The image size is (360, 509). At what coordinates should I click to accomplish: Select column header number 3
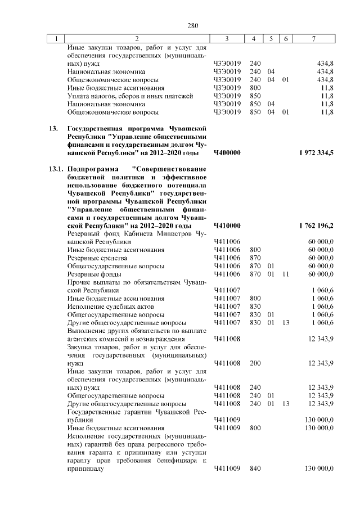pyautogui.click(x=226, y=39)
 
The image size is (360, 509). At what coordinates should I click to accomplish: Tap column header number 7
pyautogui.click(x=313, y=39)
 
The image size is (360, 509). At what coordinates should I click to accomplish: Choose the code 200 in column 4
pyautogui.click(x=255, y=363)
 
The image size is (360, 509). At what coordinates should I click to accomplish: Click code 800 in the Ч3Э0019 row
pyautogui.click(x=255, y=88)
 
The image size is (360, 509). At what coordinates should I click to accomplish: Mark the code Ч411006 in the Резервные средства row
pyautogui.click(x=227, y=258)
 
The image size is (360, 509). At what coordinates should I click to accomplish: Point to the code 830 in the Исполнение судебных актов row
pyautogui.click(x=255, y=306)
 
